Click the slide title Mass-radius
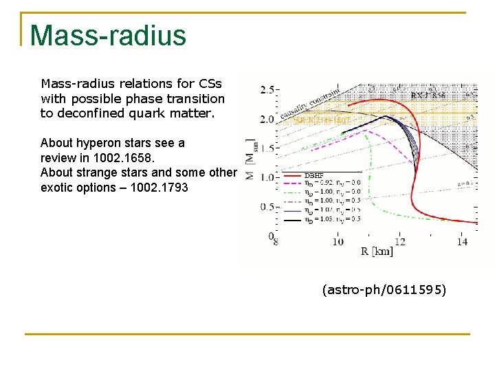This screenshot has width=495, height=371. [x=108, y=35]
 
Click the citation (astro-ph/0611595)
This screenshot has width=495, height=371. [x=384, y=291]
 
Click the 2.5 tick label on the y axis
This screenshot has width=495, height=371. [x=267, y=90]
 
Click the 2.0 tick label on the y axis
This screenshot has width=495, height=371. [x=267, y=120]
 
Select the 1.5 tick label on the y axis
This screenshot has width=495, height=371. [x=267, y=148]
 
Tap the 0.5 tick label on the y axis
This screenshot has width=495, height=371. [x=267, y=207]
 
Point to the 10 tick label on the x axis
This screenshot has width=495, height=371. [x=338, y=241]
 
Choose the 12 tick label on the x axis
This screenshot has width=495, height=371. [x=400, y=241]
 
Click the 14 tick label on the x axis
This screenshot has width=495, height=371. [x=462, y=241]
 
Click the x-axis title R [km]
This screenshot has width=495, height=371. [x=377, y=252]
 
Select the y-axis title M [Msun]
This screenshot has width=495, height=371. [x=250, y=159]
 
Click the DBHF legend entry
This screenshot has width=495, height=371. [x=314, y=175]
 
